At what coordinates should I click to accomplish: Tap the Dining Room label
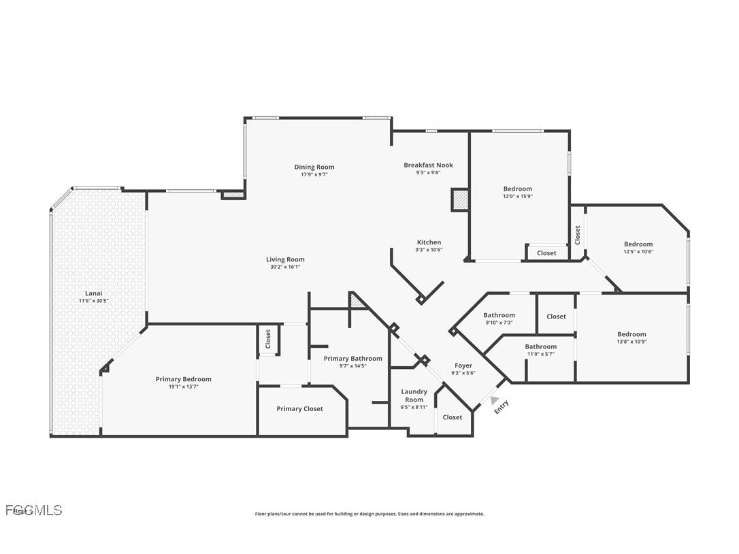[x=314, y=167]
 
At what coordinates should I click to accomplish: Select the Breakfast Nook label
[x=428, y=165]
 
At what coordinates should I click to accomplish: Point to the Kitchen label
[x=429, y=242]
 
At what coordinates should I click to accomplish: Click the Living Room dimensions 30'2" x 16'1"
[x=285, y=267]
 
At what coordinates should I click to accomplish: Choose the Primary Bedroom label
[x=183, y=379]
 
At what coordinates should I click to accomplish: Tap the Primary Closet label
[x=299, y=408]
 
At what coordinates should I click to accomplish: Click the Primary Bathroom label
[x=352, y=359]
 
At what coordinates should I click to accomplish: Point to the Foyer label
[x=463, y=365]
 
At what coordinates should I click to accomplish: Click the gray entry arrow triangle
[x=495, y=401]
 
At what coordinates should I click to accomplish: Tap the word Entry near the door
[x=502, y=407]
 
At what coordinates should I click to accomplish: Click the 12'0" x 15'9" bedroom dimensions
[x=517, y=197]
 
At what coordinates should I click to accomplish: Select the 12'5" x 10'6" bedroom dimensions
[x=638, y=252]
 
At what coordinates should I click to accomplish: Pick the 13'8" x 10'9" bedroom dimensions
[x=631, y=342]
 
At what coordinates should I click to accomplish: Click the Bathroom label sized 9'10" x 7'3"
[x=499, y=315]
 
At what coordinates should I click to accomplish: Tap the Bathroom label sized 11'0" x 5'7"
[x=540, y=346]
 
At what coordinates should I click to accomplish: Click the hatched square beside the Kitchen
[x=460, y=200]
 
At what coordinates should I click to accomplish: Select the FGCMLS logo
[x=33, y=510]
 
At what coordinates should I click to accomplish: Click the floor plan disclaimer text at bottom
[x=369, y=514]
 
